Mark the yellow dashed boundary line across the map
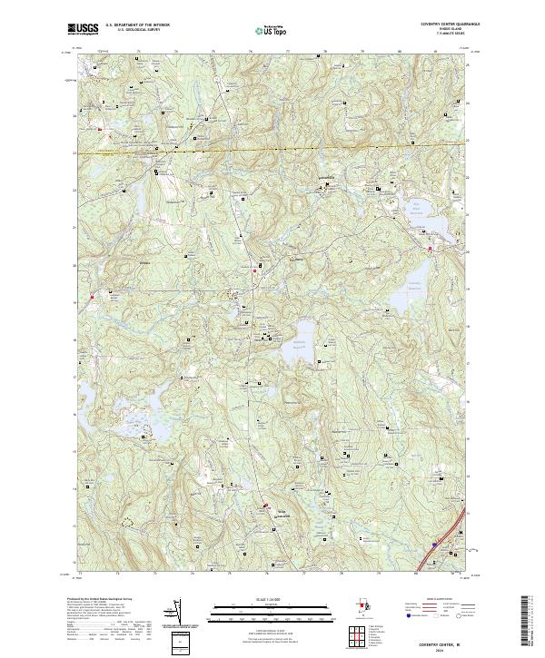click(272, 145)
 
